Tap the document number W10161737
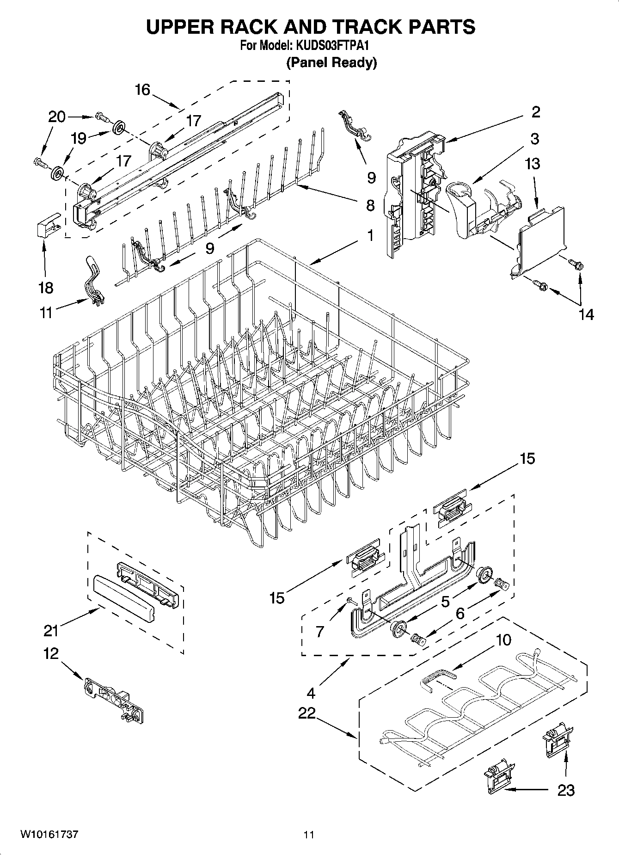pos(49,834)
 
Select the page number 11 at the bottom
pos(309,835)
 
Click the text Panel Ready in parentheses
pos(331,62)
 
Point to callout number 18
pos(46,288)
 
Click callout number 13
pos(533,164)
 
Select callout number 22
pos(306,713)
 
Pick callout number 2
pos(535,112)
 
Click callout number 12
pos(51,653)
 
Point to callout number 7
pos(319,631)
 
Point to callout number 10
pos(504,640)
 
